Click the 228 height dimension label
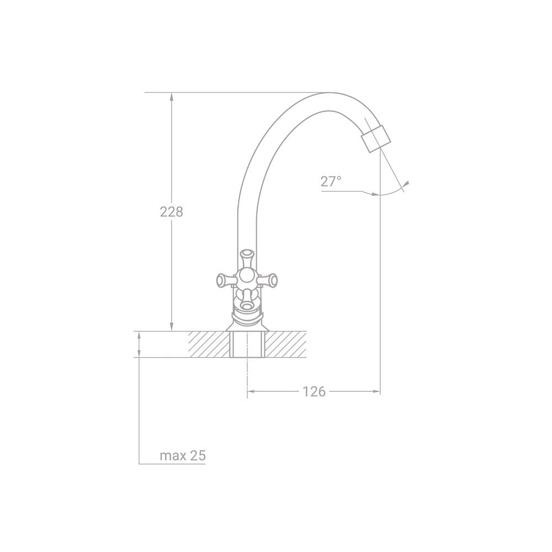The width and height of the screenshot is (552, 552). coord(172,212)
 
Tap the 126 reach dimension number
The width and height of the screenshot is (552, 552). coord(315,391)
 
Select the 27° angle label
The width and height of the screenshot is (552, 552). coord(331,182)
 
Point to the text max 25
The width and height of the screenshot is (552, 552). coord(183,455)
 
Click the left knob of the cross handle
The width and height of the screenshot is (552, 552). coord(225,280)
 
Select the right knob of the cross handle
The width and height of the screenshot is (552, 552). coord(268,280)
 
